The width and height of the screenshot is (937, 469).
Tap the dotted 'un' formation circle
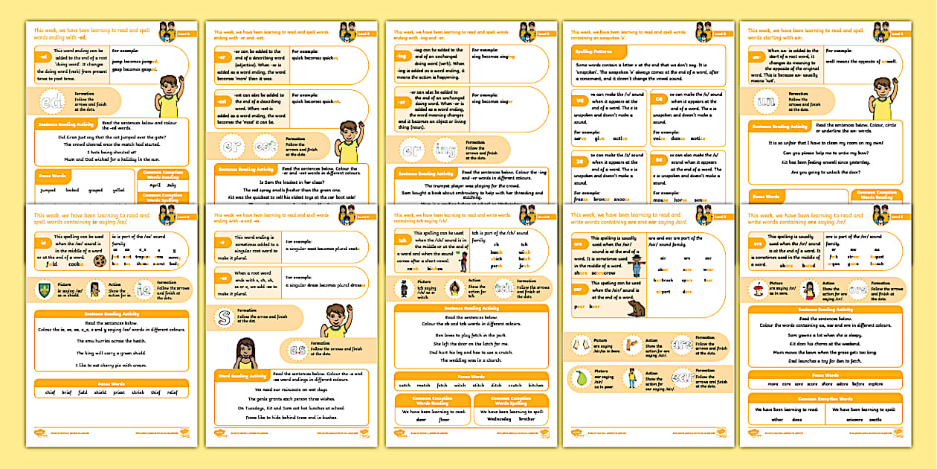click(x=765, y=99)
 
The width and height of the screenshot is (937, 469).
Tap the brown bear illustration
click(x=636, y=307)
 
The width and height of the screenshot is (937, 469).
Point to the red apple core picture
click(x=758, y=289)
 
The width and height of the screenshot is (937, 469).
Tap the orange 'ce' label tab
click(x=658, y=99)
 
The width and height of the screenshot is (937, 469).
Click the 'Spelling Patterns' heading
click(x=592, y=51)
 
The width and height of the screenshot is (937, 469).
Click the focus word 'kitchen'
click(x=535, y=386)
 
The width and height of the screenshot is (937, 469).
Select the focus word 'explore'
click(x=876, y=384)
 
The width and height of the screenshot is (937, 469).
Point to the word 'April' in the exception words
click(x=155, y=184)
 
